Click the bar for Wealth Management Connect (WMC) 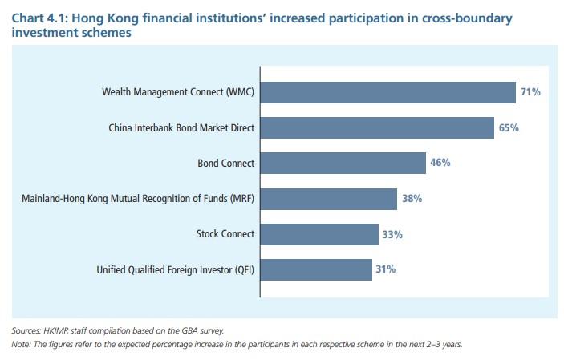387,92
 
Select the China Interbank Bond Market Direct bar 376,127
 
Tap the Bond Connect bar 343,163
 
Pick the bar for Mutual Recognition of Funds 328,198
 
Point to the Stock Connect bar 319,234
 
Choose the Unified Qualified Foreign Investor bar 316,269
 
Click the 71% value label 530,92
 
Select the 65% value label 509,127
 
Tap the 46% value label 440,163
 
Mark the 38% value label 412,198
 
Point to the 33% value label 392,234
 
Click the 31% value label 385,269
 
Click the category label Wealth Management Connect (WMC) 177,92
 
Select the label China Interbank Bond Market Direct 181,127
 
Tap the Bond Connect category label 225,163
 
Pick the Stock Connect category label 225,234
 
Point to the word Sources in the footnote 26,330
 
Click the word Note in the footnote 21,344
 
